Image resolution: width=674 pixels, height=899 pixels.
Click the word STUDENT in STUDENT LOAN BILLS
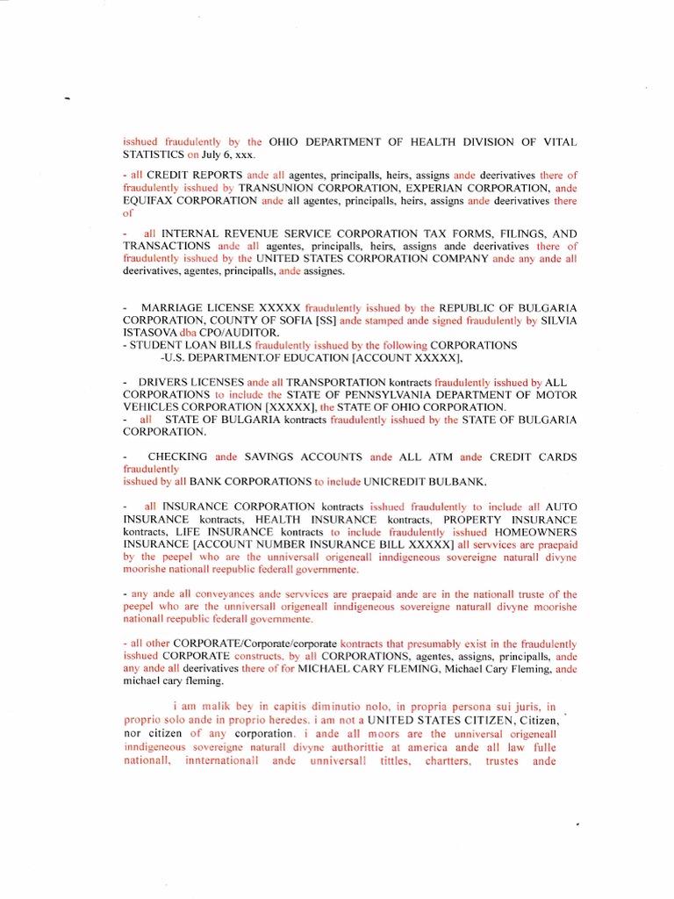157,345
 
